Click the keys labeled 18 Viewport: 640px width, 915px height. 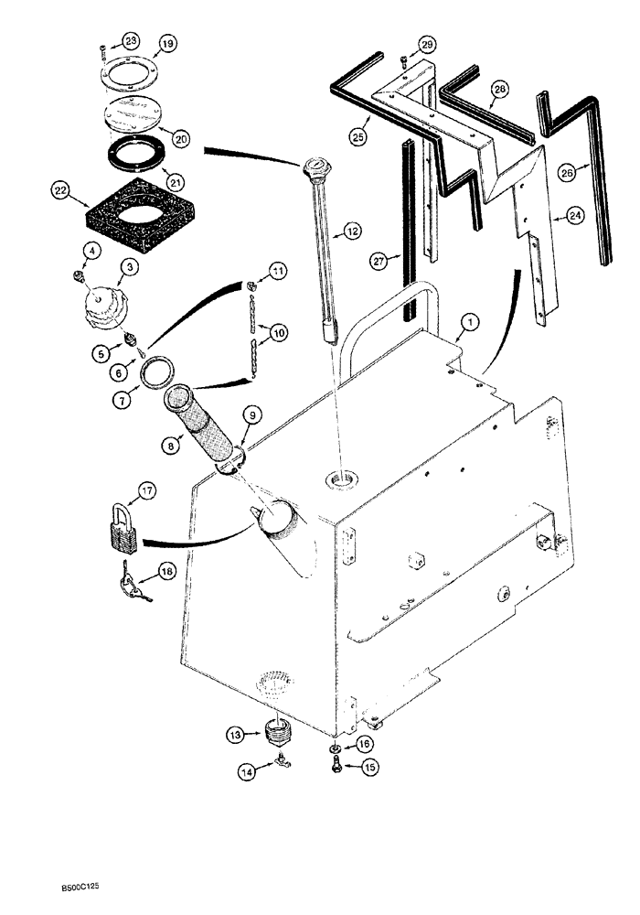pyautogui.click(x=133, y=576)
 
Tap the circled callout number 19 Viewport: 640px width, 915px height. pyautogui.click(x=167, y=44)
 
